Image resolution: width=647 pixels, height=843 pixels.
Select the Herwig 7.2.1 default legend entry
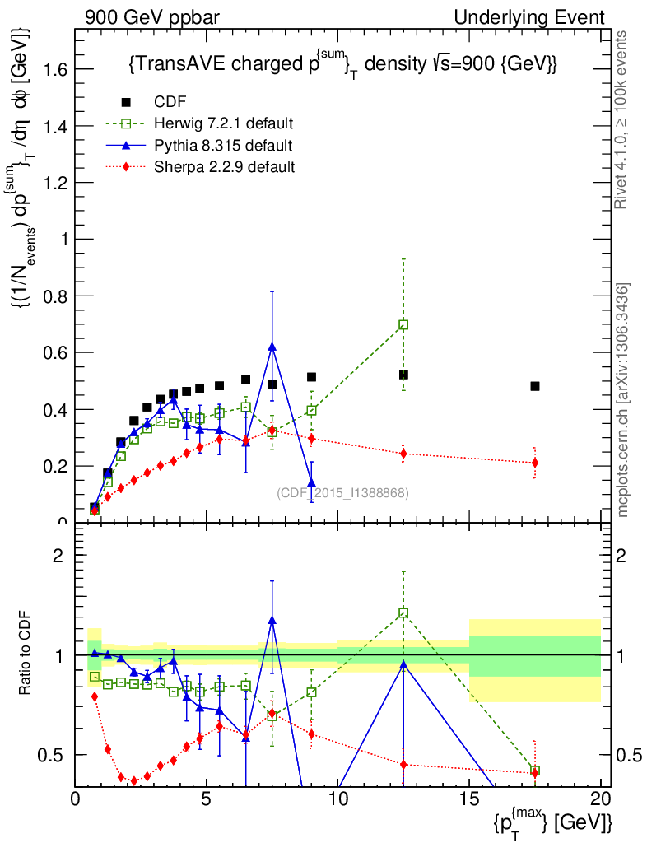(223, 124)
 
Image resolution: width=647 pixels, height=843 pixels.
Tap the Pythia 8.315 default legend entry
(222, 146)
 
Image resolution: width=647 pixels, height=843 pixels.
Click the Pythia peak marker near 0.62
(272, 347)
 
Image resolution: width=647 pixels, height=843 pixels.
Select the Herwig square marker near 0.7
(403, 324)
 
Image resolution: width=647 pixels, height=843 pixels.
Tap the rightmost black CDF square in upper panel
(535, 386)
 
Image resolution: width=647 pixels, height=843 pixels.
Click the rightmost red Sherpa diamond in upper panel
(535, 463)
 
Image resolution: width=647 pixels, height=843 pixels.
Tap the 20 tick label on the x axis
(600, 798)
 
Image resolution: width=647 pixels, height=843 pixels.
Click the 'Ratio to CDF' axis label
(26, 654)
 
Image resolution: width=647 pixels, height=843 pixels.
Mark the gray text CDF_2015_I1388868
(342, 493)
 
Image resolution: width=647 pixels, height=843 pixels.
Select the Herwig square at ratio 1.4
(403, 612)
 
